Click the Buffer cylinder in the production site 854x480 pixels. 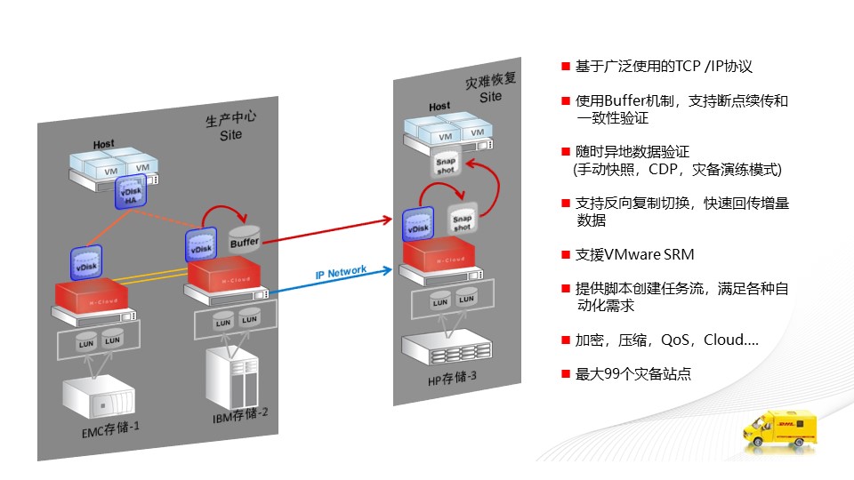pos(244,241)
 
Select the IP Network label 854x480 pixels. pos(342,272)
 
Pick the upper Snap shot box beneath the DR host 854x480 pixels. pos(446,165)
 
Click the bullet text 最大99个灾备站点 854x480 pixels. pos(632,375)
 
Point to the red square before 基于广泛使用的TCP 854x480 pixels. pos(565,68)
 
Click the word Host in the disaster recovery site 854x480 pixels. pos(439,107)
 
